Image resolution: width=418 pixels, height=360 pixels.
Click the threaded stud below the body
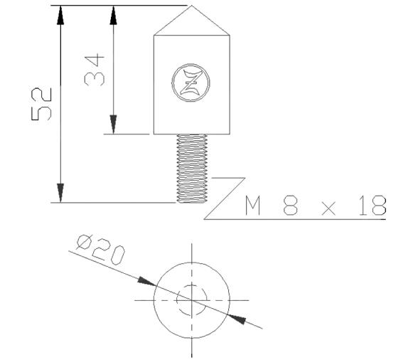click(x=193, y=168)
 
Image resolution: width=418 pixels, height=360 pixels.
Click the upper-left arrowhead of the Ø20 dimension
click(x=146, y=282)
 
